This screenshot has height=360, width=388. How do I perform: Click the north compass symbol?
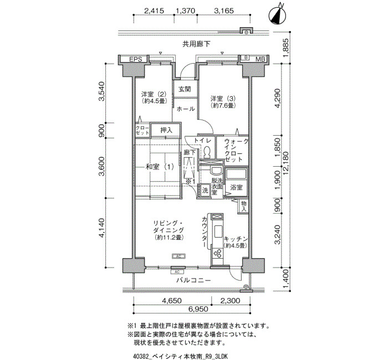tap(277, 15)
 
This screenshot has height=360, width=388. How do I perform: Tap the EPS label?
tap(136, 59)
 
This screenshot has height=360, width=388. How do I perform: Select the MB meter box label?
tap(260, 59)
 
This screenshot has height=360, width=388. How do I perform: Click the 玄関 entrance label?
tap(185, 89)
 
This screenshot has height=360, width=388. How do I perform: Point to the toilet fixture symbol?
tap(207, 152)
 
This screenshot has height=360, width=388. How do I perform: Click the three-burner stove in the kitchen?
tap(218, 253)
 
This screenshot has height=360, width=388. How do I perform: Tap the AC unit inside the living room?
tap(178, 256)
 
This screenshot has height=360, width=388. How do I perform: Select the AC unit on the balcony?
tap(177, 272)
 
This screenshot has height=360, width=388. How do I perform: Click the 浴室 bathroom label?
tap(236, 187)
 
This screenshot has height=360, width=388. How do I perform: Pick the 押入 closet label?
tap(166, 130)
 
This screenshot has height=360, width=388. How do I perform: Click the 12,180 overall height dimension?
tap(287, 163)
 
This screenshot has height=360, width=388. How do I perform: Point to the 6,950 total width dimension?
tap(198, 309)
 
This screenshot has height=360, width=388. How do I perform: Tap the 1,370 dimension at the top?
tap(185, 11)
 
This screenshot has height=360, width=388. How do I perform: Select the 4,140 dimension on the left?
tap(101, 228)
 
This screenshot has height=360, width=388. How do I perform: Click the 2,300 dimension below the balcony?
tap(230, 301)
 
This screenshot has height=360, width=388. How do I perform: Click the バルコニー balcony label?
tap(194, 280)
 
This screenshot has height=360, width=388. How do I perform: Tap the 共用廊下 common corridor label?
tap(196, 44)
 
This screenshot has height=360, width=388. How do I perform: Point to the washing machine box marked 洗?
tap(205, 191)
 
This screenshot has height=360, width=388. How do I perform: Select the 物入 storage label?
tap(244, 207)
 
